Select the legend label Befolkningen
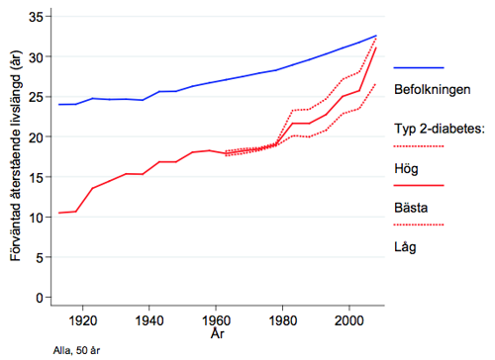click(432, 89)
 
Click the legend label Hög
click(408, 167)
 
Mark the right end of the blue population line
click(376, 36)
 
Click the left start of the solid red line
click(58, 213)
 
